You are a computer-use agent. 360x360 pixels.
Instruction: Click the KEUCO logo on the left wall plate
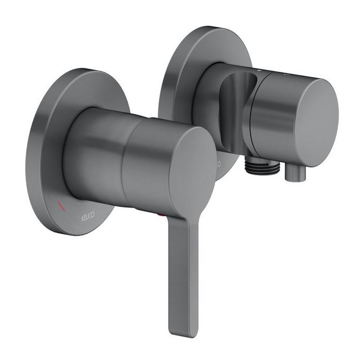click(x=88, y=218)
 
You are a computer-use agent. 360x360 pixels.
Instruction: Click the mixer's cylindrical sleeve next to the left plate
click(x=93, y=154)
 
